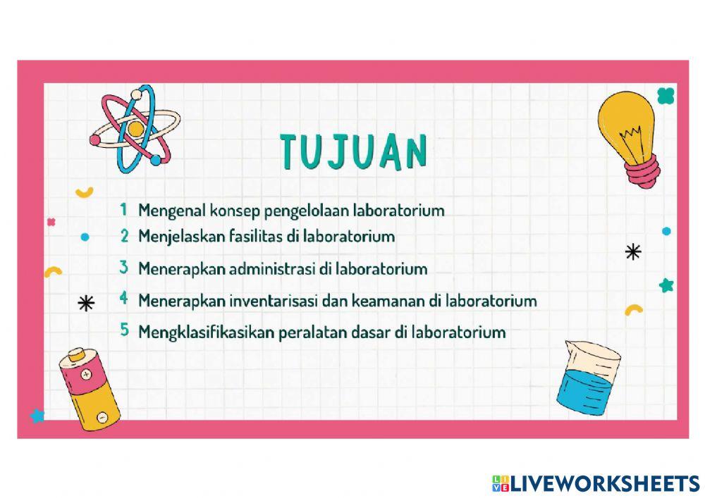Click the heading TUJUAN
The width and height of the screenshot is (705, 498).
tap(353, 150)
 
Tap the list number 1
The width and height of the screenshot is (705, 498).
tap(123, 209)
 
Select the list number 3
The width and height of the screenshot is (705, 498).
tap(123, 268)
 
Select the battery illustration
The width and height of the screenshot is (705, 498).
tap(90, 389)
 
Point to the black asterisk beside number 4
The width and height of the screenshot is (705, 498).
tap(86, 304)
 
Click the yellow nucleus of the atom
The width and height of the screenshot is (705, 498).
tap(135, 129)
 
